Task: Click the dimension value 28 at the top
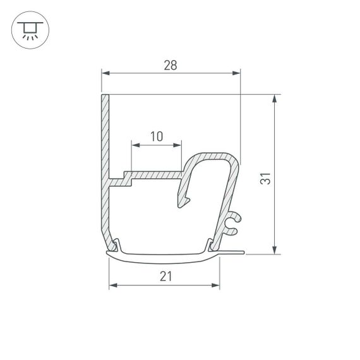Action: pyautogui.click(x=171, y=64)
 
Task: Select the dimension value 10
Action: pyautogui.click(x=157, y=136)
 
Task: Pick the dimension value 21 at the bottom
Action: pyautogui.click(x=165, y=275)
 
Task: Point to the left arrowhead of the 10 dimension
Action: pyautogui.click(x=134, y=145)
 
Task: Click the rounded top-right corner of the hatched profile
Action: pyautogui.click(x=236, y=159)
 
